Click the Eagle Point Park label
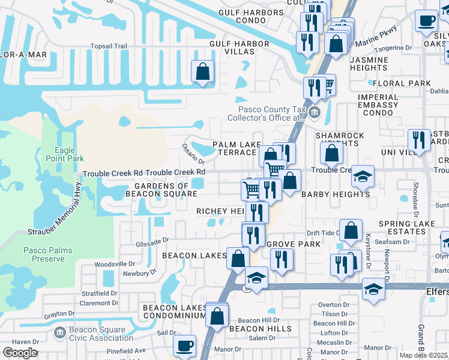point(61,155)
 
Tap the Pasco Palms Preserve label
point(44,254)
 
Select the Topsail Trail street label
point(109,46)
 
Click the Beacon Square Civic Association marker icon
point(59,332)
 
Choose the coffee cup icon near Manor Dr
point(184,346)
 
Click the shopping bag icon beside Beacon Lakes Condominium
point(217,314)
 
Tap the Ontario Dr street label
point(193,154)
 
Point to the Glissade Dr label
point(152,240)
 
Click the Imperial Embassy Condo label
point(378,104)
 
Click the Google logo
point(20,352)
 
